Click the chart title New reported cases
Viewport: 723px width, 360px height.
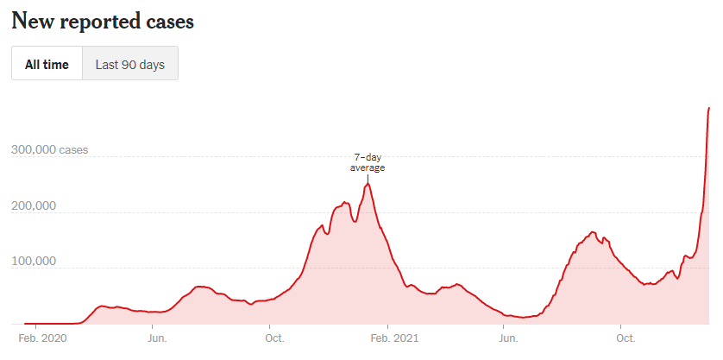[x=103, y=22]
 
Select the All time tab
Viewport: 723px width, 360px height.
[x=47, y=64]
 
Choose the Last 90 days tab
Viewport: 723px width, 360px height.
[x=129, y=64]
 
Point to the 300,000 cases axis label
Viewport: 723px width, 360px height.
[x=50, y=149]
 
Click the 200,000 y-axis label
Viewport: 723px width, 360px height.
[x=33, y=205]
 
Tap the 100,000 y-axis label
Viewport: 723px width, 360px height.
[x=33, y=262]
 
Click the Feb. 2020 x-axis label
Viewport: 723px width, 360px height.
[x=42, y=338]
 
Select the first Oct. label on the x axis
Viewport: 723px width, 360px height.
[x=273, y=338]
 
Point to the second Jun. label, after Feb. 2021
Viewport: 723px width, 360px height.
[x=508, y=338]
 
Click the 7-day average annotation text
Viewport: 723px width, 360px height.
[x=367, y=162]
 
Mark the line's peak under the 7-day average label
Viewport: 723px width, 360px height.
[x=368, y=183]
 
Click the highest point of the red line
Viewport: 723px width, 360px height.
[x=709, y=108]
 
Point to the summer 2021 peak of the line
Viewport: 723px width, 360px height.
[x=593, y=231]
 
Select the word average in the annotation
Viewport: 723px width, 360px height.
[x=367, y=167]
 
